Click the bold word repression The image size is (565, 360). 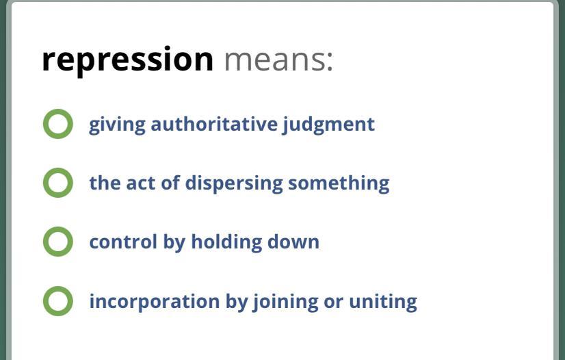click(127, 60)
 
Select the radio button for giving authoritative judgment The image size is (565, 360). click(58, 124)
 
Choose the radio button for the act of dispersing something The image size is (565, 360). click(58, 183)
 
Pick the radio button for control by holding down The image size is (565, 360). click(58, 242)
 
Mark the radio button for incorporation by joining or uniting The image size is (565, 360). click(58, 301)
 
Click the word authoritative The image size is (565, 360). click(214, 124)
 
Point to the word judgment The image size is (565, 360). click(328, 125)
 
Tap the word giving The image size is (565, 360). click(117, 125)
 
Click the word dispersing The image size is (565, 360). click(234, 184)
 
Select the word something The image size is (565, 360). click(339, 184)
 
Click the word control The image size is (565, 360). click(123, 242)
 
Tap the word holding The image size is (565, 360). click(226, 242)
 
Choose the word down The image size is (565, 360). click(293, 242)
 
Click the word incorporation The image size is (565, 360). click(155, 302)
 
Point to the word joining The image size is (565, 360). click(285, 302)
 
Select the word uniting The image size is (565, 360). click(383, 302)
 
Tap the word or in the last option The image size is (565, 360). click(334, 303)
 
